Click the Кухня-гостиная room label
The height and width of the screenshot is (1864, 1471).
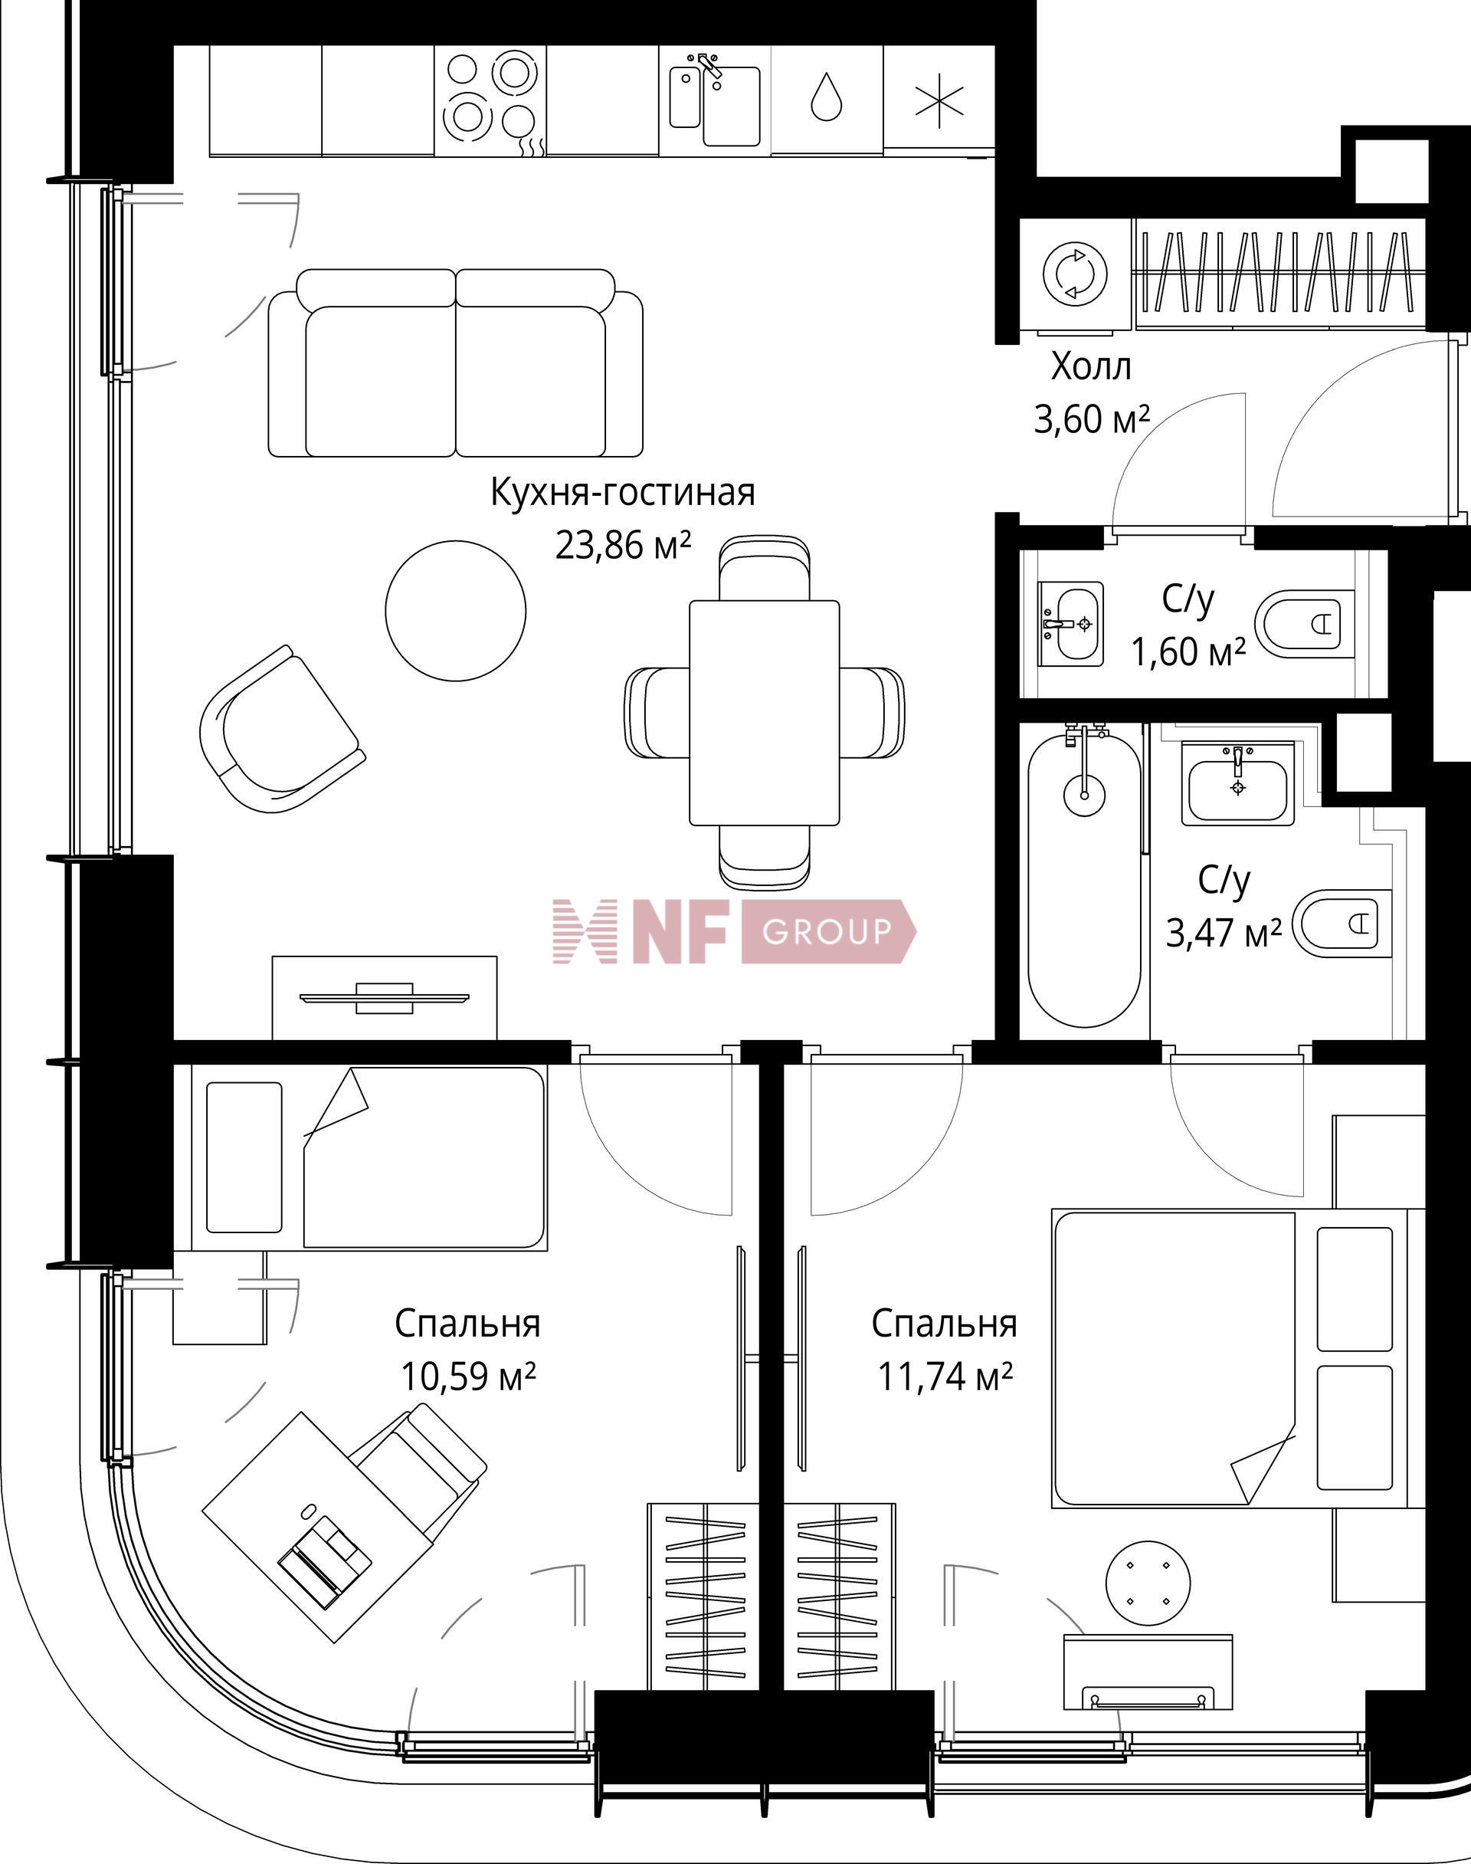[x=622, y=494]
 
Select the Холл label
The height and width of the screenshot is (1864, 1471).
[x=1090, y=368]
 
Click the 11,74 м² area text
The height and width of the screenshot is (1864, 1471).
[x=944, y=1377]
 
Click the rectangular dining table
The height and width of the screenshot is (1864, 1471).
[x=764, y=711]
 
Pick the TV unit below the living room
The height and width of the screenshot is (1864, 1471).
[x=384, y=997]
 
